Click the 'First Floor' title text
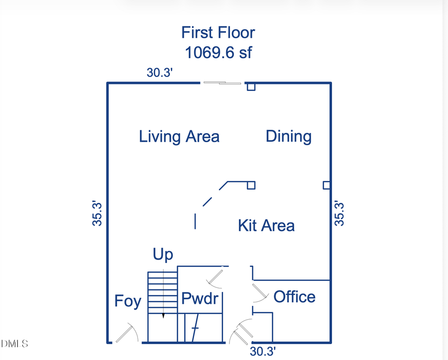218,33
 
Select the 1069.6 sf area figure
218,52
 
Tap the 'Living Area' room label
179,136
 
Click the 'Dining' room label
289,136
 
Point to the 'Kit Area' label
266,226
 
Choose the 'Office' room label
294,297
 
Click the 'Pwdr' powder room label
200,299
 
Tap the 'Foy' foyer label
128,301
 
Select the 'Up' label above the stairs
163,255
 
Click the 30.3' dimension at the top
159,73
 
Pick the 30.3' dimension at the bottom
263,352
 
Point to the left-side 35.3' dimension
98,213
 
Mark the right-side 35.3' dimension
339,213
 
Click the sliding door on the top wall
222,83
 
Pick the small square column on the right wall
327,185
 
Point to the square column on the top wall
251,87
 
